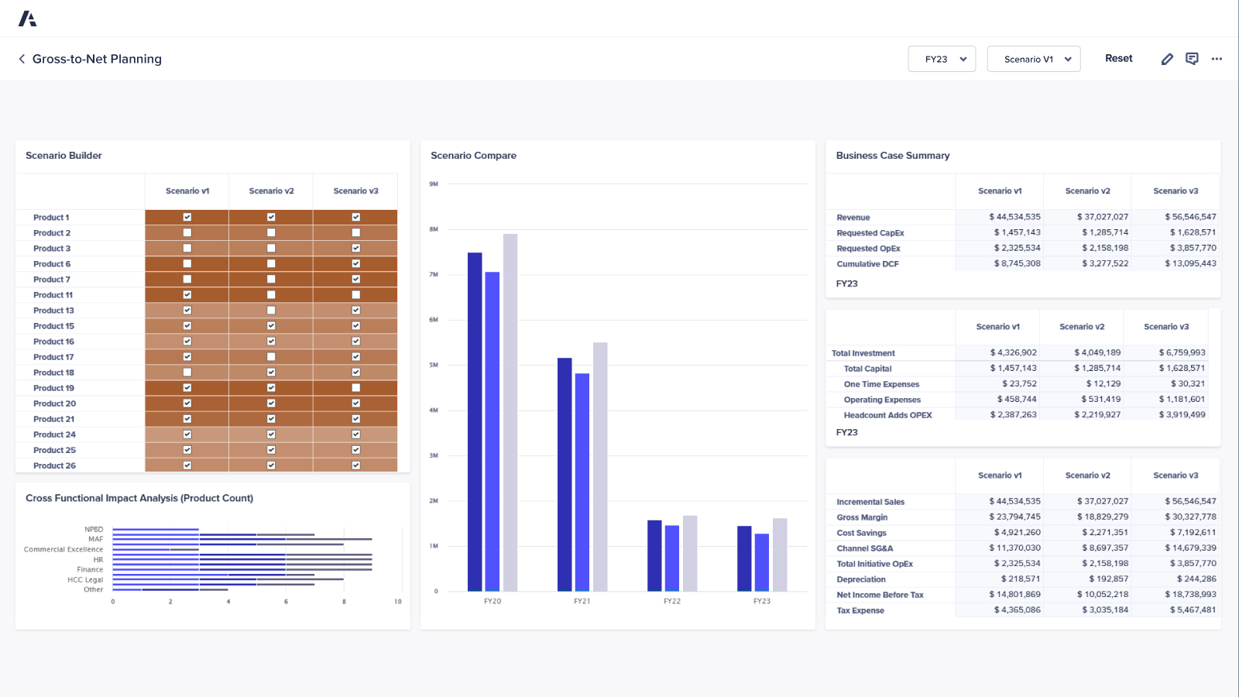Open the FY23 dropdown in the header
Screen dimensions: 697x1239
point(942,59)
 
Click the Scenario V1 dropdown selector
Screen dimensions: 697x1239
point(1034,59)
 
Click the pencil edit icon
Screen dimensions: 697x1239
point(1167,59)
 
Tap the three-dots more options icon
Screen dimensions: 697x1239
point(1217,59)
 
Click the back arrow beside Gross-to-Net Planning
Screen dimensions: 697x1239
point(22,59)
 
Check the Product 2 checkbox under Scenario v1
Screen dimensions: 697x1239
point(187,232)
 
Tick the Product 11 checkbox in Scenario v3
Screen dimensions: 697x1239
point(355,294)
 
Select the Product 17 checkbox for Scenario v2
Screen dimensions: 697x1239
point(271,357)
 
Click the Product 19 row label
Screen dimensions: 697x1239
point(53,388)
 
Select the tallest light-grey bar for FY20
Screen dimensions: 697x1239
point(510,410)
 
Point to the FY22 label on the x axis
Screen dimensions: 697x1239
point(672,601)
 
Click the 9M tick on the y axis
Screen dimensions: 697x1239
point(434,184)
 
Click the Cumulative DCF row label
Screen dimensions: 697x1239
point(867,264)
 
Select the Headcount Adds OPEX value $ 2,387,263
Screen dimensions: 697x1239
point(1013,414)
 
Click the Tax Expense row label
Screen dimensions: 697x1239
point(860,610)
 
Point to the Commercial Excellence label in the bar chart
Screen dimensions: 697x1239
point(63,549)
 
